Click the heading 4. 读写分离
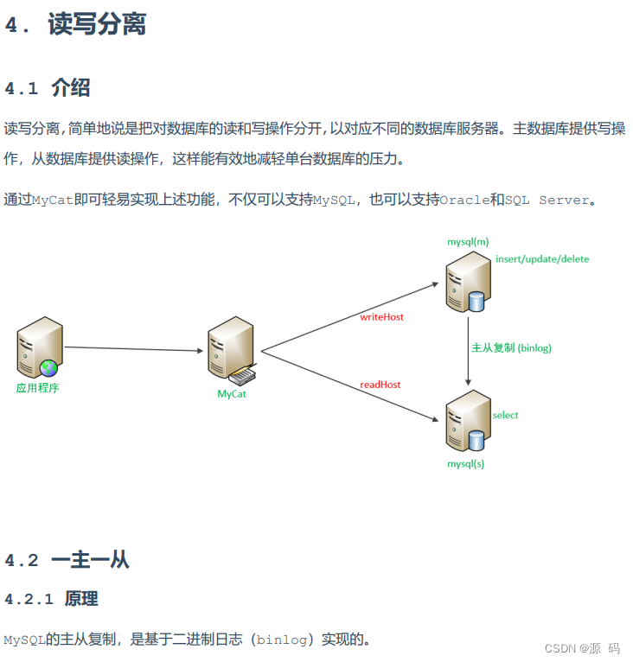75,25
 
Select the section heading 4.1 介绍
48,88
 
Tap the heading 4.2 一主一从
67,560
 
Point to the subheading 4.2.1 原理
51,599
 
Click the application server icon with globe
39,347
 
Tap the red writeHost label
381,317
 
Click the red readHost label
380,385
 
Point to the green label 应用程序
38,388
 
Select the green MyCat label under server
232,394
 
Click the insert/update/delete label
542,259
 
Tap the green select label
505,416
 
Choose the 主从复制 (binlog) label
511,348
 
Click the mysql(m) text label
468,242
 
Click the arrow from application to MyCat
133,349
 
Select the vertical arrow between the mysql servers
468,350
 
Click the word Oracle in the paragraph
464,201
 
